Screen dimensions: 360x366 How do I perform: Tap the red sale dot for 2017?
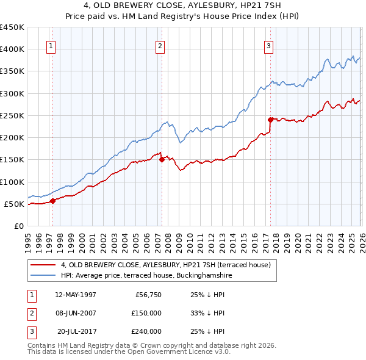(270, 120)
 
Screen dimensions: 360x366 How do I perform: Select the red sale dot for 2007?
(162, 160)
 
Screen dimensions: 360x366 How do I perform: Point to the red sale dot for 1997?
(53, 201)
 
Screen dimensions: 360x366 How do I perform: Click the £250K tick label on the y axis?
(12, 115)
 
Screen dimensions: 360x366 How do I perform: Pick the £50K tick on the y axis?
(14, 204)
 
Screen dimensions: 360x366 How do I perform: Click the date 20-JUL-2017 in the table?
(76, 331)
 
